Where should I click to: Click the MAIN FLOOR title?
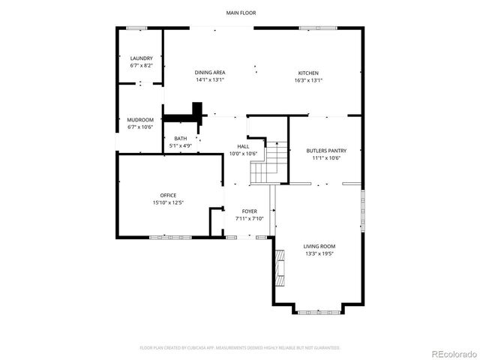tap(240, 13)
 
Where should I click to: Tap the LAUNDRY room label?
tap(142, 58)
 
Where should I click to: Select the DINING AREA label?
tap(210, 73)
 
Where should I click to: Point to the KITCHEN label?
tap(308, 73)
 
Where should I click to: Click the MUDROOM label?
tap(140, 120)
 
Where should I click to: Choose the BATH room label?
tap(181, 138)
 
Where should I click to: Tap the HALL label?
tap(243, 146)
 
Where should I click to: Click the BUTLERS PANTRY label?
tap(326, 151)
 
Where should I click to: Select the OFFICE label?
tap(168, 195)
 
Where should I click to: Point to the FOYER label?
tap(250, 211)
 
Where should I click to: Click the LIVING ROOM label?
tap(319, 246)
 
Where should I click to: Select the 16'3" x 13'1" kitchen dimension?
tap(308, 80)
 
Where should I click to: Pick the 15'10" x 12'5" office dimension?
tap(168, 202)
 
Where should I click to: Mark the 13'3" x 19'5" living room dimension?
tap(319, 253)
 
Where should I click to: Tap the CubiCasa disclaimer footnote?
tap(240, 347)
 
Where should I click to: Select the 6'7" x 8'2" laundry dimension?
tap(142, 66)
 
